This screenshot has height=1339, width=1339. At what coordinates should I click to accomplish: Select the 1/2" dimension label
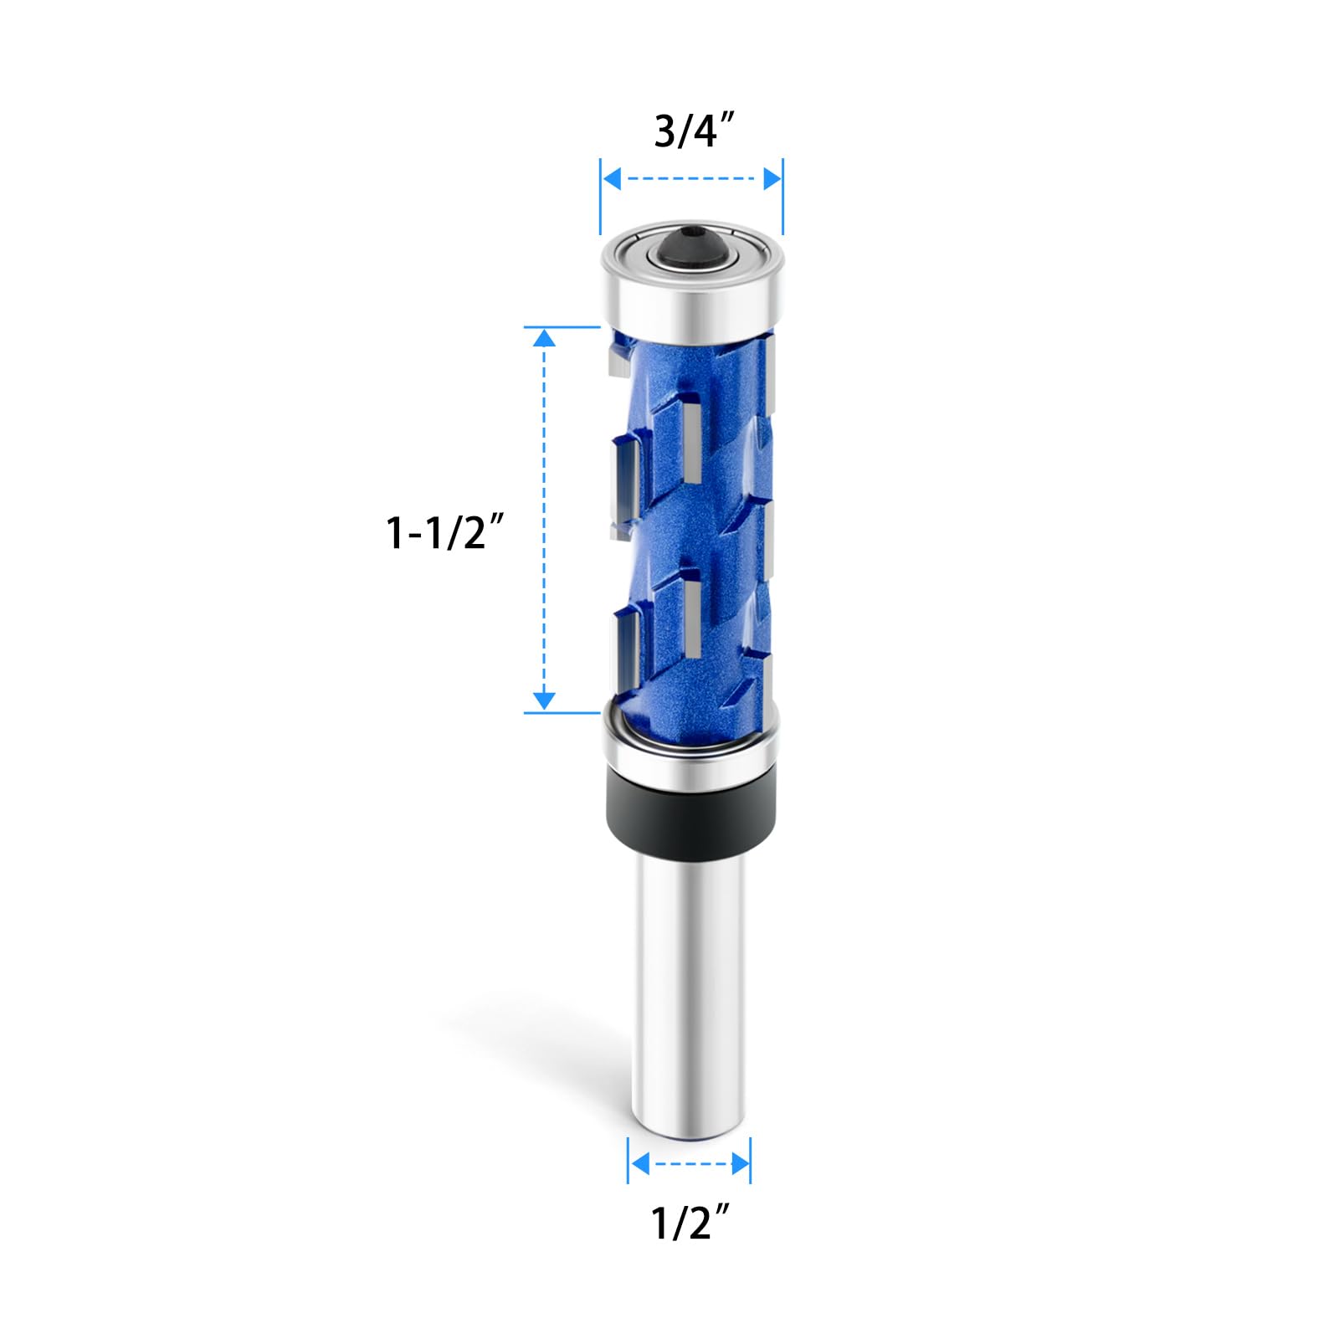[692, 1224]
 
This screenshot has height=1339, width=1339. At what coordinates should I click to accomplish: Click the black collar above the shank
[691, 799]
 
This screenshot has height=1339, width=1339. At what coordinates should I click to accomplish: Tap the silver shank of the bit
[690, 988]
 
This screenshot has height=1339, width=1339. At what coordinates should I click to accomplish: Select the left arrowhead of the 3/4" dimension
[612, 178]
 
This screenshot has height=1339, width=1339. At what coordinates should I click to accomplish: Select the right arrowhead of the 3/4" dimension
[772, 178]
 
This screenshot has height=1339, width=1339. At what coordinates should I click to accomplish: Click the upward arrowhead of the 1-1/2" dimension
[545, 337]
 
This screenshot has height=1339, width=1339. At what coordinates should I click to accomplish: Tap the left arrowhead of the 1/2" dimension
[639, 1163]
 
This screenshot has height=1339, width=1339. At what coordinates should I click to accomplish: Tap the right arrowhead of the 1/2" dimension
[740, 1163]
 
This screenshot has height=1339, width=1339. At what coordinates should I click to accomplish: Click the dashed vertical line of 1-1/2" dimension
[545, 519]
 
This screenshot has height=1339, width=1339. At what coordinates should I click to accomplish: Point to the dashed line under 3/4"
[691, 178]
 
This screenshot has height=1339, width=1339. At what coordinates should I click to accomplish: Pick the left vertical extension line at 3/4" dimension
[601, 197]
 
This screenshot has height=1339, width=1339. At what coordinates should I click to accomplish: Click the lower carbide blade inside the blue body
[692, 618]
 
